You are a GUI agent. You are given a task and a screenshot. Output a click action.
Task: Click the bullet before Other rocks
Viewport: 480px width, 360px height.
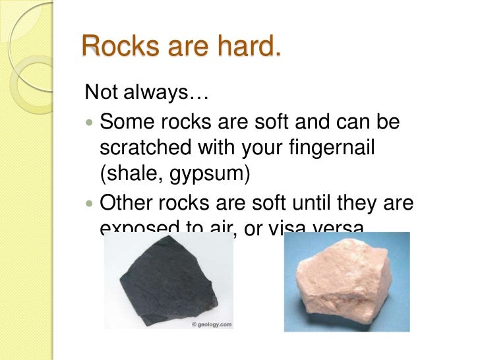pyautogui.click(x=90, y=204)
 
